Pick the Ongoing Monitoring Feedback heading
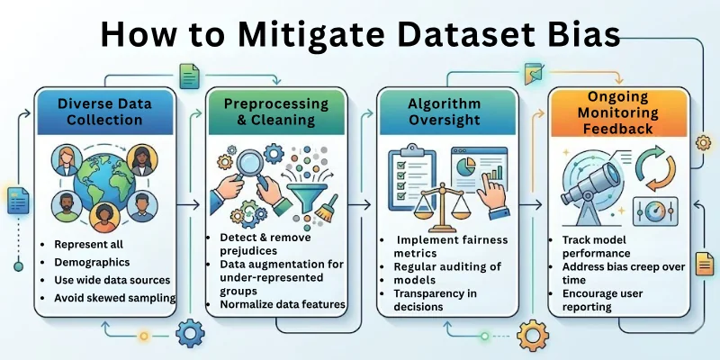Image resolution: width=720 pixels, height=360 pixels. pos(616,113)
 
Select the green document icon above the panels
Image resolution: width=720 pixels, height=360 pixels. pos(189,76)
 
